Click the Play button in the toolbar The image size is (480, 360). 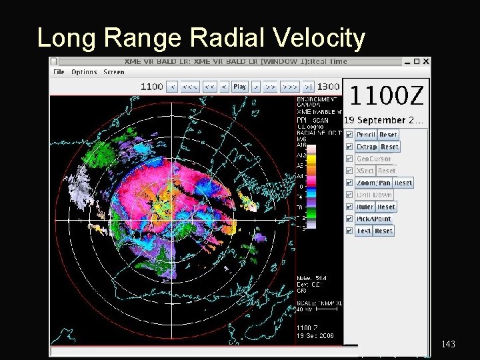point(240,87)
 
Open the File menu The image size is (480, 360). point(59,72)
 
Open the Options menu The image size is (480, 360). point(84,72)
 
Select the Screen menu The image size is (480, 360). point(113,72)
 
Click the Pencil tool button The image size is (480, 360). point(366,135)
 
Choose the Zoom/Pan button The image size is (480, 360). point(374,183)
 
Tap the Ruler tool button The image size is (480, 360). point(365,207)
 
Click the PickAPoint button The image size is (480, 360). point(373,219)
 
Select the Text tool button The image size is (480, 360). point(363,231)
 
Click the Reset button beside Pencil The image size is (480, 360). point(388,135)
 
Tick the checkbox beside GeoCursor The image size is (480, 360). point(349,159)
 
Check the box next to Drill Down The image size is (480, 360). point(349,195)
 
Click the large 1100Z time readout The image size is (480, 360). point(386,97)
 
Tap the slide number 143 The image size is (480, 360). point(448,344)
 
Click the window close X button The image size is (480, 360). point(425,62)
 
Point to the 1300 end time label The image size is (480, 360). point(327,87)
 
